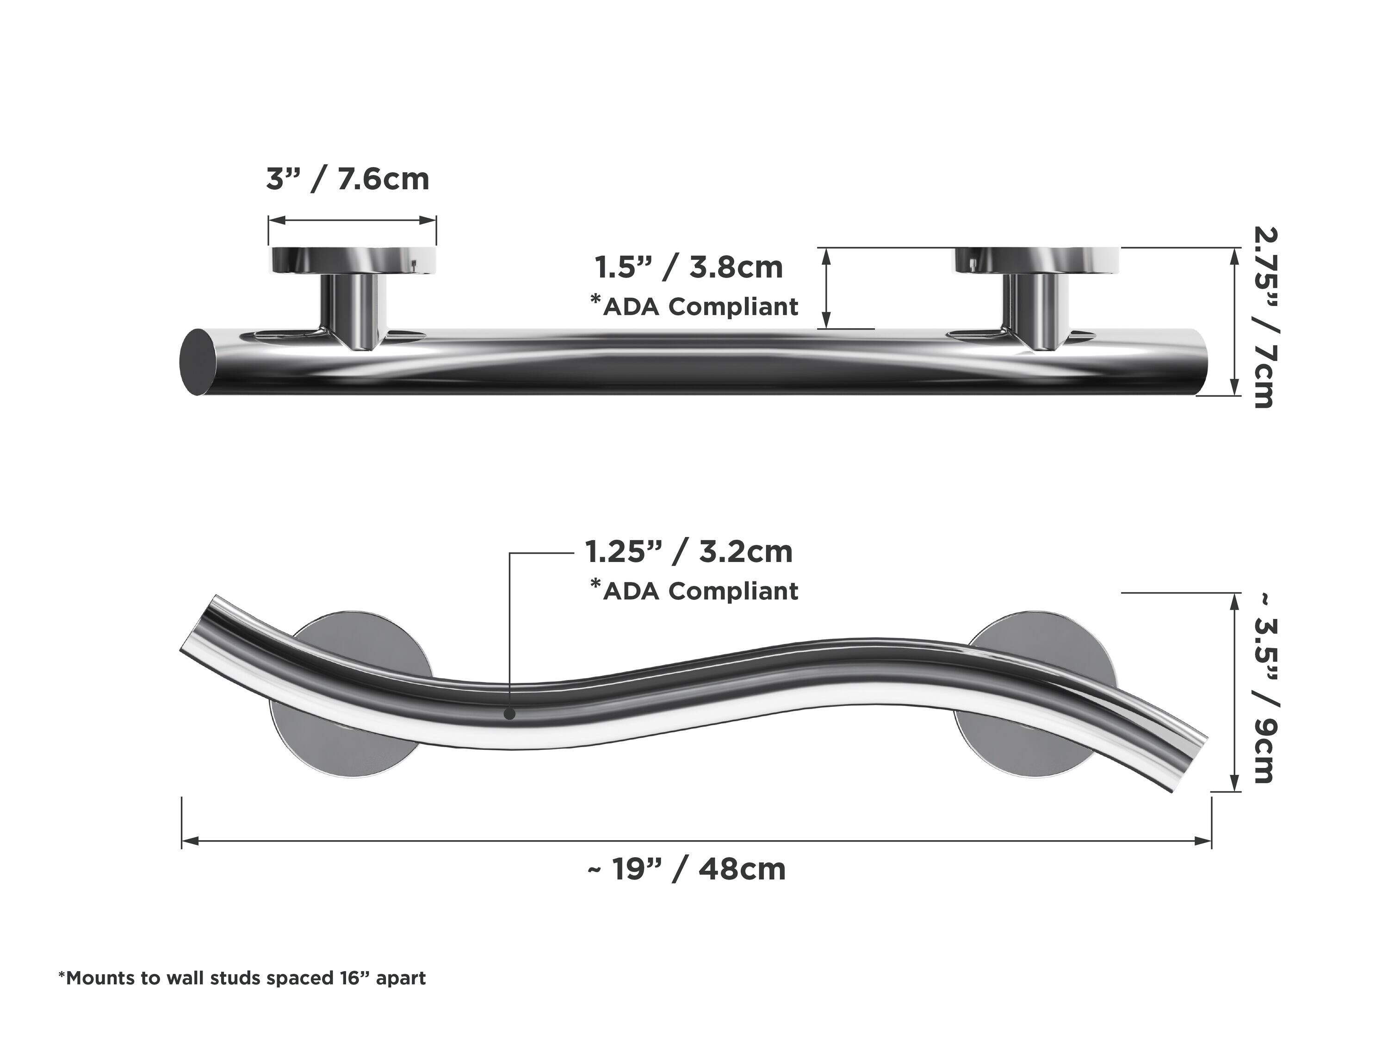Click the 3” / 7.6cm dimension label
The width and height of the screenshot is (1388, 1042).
[x=347, y=180]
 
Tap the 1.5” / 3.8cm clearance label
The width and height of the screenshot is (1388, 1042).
[x=689, y=268]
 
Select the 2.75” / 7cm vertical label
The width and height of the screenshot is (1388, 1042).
[x=1263, y=318]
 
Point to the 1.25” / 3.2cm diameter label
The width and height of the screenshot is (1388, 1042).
[x=689, y=552]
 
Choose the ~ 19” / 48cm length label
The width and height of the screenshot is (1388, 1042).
[x=687, y=869]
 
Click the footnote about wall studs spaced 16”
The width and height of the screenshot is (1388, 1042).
[x=242, y=978]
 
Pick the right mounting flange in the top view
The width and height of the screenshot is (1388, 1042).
[x=1037, y=260]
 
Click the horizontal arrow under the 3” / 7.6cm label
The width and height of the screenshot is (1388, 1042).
[x=352, y=220]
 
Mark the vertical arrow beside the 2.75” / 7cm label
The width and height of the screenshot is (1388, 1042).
[x=1234, y=321]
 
